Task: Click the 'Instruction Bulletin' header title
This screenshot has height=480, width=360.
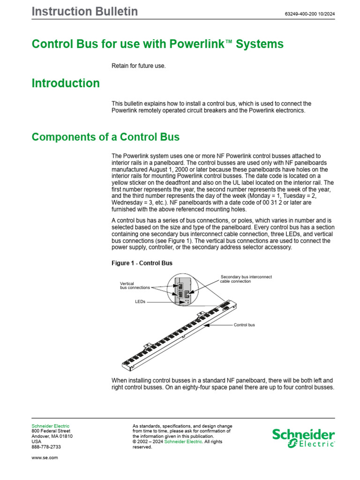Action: (x=85, y=12)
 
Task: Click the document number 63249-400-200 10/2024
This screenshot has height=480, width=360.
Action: (x=309, y=14)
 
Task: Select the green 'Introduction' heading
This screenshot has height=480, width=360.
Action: (x=66, y=83)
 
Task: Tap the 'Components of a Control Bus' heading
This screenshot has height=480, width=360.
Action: (x=105, y=137)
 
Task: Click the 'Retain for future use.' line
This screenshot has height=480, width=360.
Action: (x=138, y=66)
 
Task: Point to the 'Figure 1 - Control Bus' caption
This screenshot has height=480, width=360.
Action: (x=142, y=263)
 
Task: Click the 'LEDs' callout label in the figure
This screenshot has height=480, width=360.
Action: (x=140, y=302)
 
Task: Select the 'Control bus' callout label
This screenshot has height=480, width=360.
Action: (x=244, y=324)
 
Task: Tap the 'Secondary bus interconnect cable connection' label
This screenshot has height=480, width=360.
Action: (x=246, y=279)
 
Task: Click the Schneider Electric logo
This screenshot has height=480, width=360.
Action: (x=304, y=438)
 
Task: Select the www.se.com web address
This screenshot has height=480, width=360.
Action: (x=45, y=457)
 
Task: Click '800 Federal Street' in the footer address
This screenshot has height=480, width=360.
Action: (x=51, y=431)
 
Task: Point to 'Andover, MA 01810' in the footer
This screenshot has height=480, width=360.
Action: (x=52, y=436)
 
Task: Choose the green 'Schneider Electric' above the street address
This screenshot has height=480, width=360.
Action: (x=50, y=426)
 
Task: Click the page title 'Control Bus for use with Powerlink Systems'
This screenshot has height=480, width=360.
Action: (x=157, y=45)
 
